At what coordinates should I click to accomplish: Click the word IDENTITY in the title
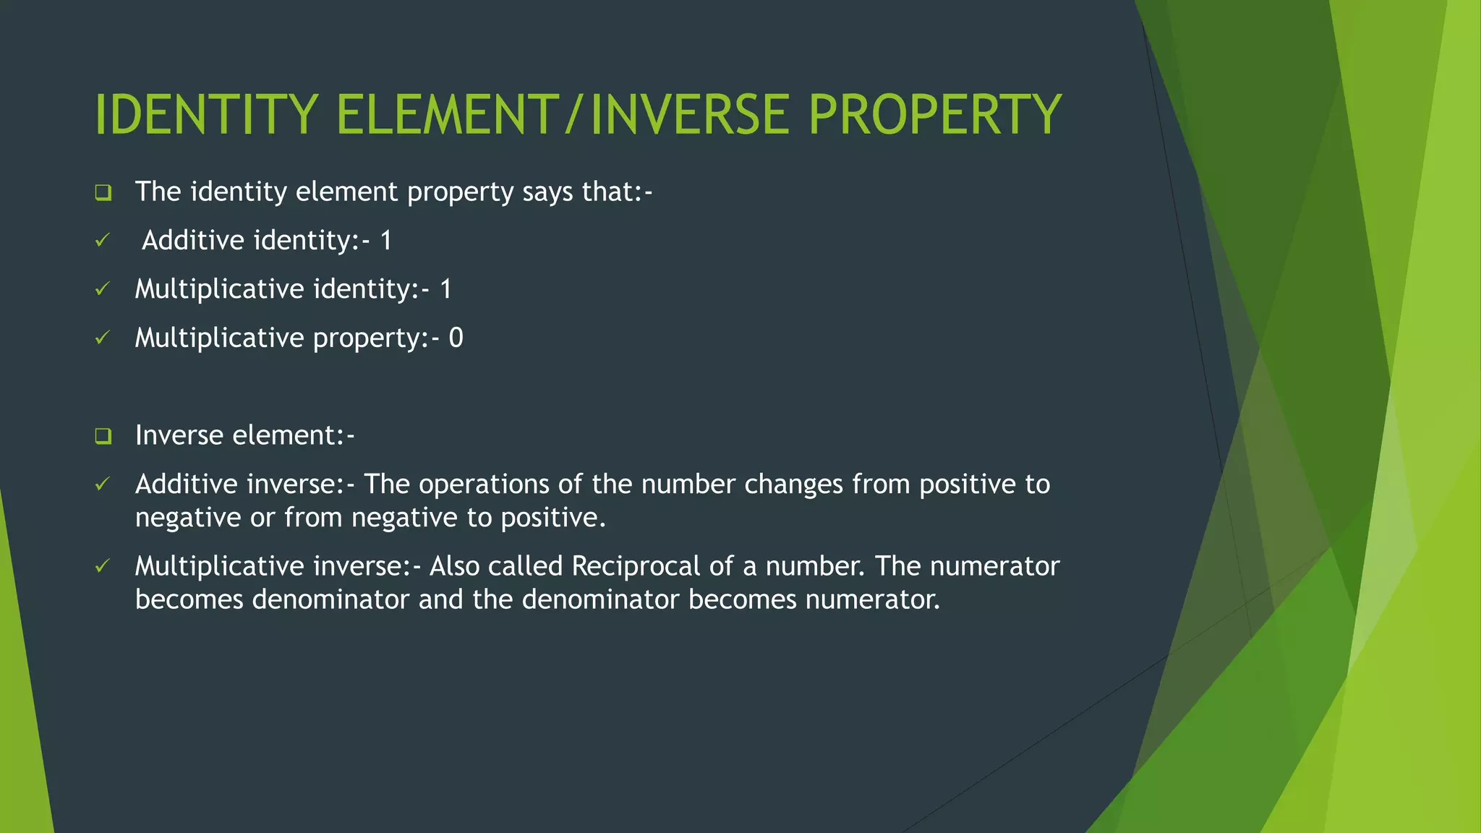pos(206,115)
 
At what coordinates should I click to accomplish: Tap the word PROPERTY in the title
pos(934,115)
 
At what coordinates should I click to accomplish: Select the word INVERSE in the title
pos(690,115)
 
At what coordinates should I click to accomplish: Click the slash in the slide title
pos(573,115)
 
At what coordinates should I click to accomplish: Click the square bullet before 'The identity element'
pos(103,193)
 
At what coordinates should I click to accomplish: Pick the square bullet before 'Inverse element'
pos(103,436)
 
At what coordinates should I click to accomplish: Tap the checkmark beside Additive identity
pos(103,240)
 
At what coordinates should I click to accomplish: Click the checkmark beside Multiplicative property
pos(103,338)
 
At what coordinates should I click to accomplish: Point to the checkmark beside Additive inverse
pos(103,484)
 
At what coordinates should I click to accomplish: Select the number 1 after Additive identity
pos(386,240)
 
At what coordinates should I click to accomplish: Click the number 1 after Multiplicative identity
pos(445,289)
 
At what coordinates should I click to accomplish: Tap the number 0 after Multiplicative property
pos(456,338)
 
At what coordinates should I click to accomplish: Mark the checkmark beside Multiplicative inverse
pos(103,565)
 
